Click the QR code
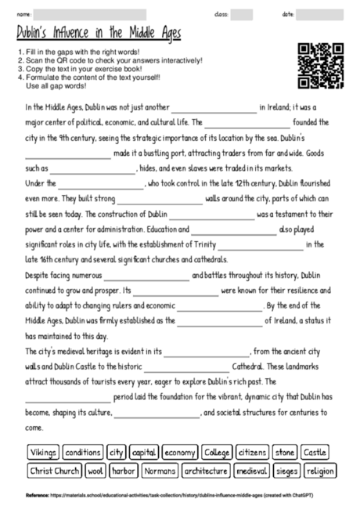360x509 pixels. tap(320, 67)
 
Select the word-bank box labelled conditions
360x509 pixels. tap(82, 452)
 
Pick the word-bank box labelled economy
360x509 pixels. tap(180, 452)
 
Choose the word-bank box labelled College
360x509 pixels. tap(217, 452)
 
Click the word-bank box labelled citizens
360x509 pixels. tap(253, 452)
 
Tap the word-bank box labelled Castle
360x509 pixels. tap(316, 452)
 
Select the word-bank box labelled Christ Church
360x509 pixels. tap(55, 471)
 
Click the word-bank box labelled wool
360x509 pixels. tap(95, 471)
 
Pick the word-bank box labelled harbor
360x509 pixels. tap(124, 471)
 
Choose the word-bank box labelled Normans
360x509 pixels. tap(160, 471)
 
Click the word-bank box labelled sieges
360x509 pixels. tap(286, 471)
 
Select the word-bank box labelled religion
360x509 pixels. tap(319, 471)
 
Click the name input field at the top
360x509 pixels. tap(90, 14)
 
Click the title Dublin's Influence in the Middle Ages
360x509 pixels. tap(99, 34)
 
